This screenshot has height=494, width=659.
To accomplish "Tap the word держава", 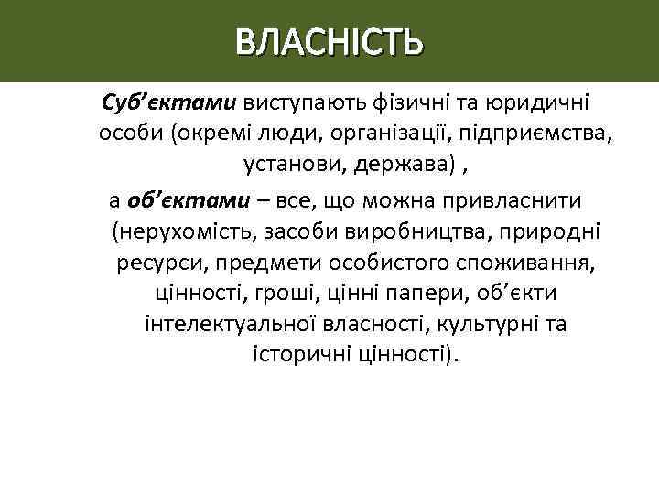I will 384,167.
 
